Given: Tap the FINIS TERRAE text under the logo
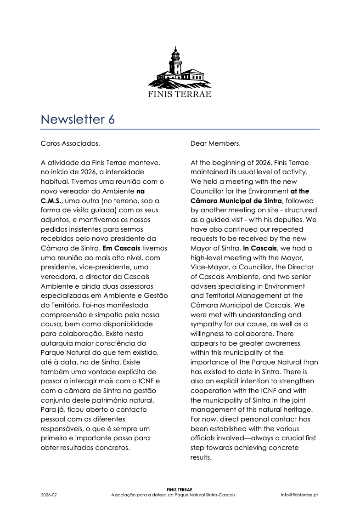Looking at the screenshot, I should tap(180, 94).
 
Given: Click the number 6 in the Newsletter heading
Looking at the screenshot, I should tap(111, 119).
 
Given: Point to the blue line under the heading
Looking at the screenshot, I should tap(180, 129).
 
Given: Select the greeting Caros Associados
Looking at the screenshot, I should tap(70, 143).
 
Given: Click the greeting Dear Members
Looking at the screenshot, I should tap(215, 143).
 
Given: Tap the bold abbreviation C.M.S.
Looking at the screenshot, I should tap(51, 201).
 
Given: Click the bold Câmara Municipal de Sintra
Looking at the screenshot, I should tap(236, 201).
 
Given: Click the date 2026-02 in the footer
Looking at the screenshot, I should tap(49, 495).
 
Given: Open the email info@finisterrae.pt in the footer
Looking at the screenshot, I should tap(299, 495).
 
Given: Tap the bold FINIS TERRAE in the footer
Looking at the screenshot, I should tap(180, 490).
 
